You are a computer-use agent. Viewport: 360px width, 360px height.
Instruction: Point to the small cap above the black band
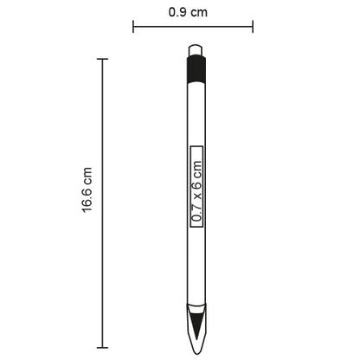tap(196, 51)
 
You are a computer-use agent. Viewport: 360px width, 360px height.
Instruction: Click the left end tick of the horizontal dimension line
tap(133, 27)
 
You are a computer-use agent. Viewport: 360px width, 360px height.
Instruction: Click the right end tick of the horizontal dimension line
tap(254, 27)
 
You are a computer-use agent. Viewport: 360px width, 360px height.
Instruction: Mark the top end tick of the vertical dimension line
tap(103, 59)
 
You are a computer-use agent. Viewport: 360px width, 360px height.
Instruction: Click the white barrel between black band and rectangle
tap(196, 112)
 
